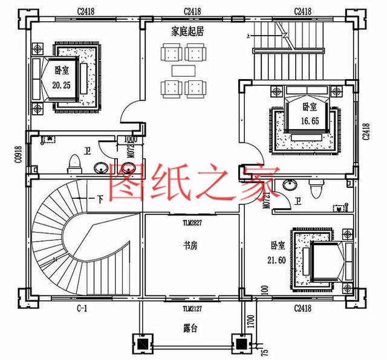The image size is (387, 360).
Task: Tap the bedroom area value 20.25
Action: (62, 86)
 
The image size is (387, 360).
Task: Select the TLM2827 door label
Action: (190, 222)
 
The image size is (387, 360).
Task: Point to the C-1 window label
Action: (82, 309)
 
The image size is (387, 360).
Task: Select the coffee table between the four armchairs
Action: (183, 71)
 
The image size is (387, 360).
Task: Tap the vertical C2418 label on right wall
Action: (365, 131)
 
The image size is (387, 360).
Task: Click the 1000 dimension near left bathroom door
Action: (129, 139)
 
